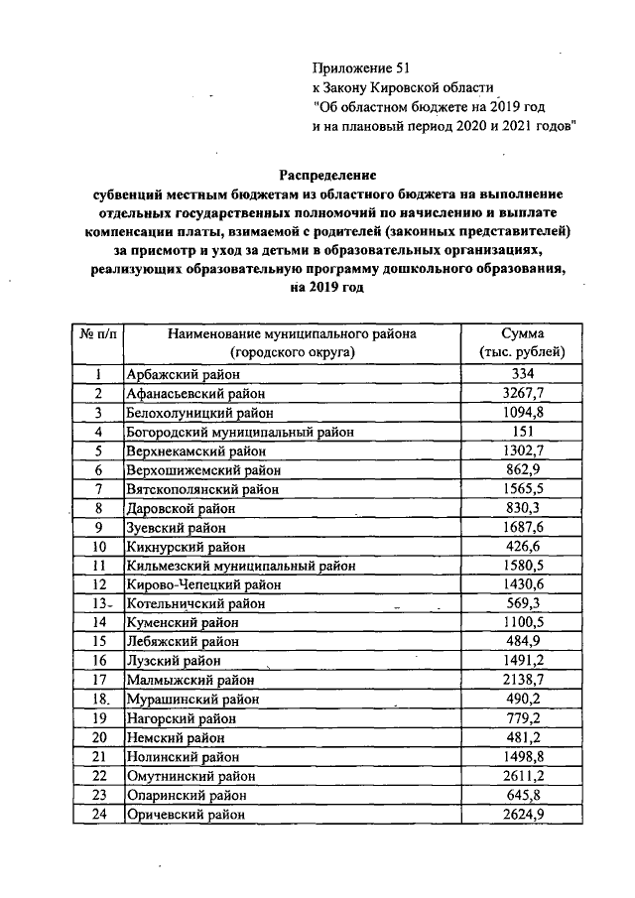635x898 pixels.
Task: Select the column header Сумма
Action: point(522,334)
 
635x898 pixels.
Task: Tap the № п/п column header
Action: point(97,334)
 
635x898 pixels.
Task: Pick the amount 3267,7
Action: point(521,393)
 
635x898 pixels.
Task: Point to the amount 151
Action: point(521,432)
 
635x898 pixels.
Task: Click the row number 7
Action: point(98,489)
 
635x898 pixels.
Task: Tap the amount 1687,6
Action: point(521,527)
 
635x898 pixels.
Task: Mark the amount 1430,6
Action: point(521,584)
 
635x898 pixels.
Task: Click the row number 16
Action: point(98,661)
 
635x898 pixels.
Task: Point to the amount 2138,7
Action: point(521,680)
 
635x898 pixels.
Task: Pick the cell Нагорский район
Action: point(173,718)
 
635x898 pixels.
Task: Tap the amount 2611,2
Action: point(521,775)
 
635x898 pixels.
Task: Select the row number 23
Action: point(98,795)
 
